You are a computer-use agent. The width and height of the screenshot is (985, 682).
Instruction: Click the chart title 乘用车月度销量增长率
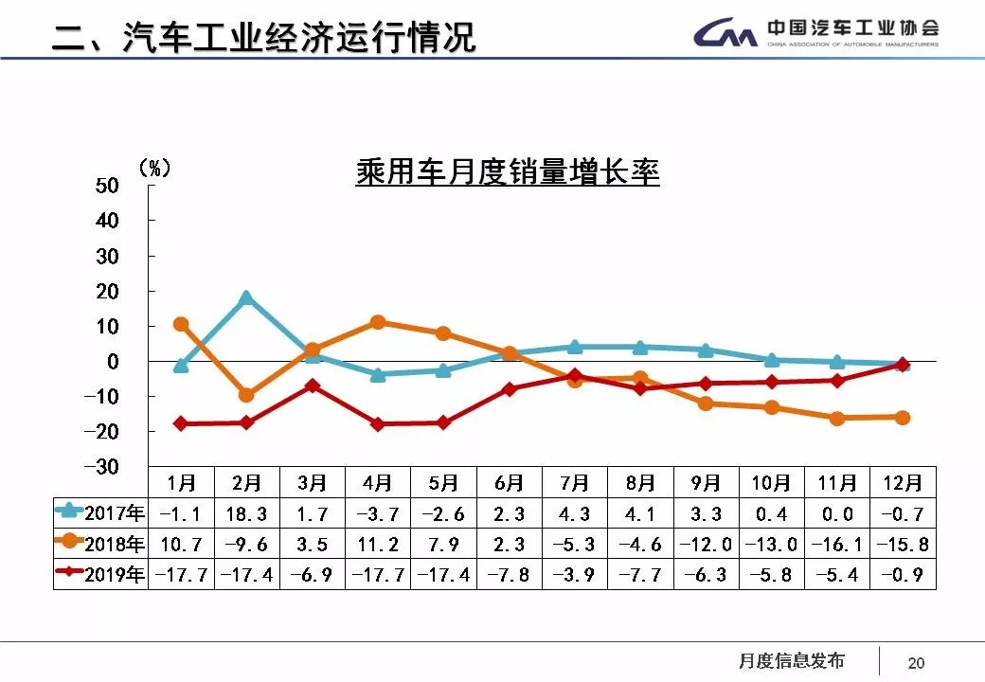(x=507, y=173)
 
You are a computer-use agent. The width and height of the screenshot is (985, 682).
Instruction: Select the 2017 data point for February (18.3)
(x=246, y=298)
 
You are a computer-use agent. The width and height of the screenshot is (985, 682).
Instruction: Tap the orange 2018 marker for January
(x=181, y=325)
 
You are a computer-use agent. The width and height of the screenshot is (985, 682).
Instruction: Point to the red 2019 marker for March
(x=313, y=386)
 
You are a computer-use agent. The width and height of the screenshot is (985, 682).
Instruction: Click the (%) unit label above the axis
(x=154, y=168)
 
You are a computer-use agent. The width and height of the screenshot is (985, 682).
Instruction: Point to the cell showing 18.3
(x=246, y=514)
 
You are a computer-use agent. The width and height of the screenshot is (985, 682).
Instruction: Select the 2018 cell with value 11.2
(x=378, y=545)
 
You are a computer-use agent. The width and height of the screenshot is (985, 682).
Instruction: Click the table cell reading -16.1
(x=837, y=545)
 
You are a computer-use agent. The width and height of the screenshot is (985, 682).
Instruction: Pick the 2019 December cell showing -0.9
(x=903, y=574)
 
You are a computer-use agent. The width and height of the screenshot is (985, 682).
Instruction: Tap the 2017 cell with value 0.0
(x=837, y=514)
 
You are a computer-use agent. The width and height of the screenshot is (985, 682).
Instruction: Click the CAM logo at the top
(x=725, y=35)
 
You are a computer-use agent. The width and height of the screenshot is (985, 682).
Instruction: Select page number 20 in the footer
(x=916, y=663)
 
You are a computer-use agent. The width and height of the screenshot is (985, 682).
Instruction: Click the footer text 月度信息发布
(x=791, y=661)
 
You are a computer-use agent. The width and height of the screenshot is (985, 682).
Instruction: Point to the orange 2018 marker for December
(x=903, y=417)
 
